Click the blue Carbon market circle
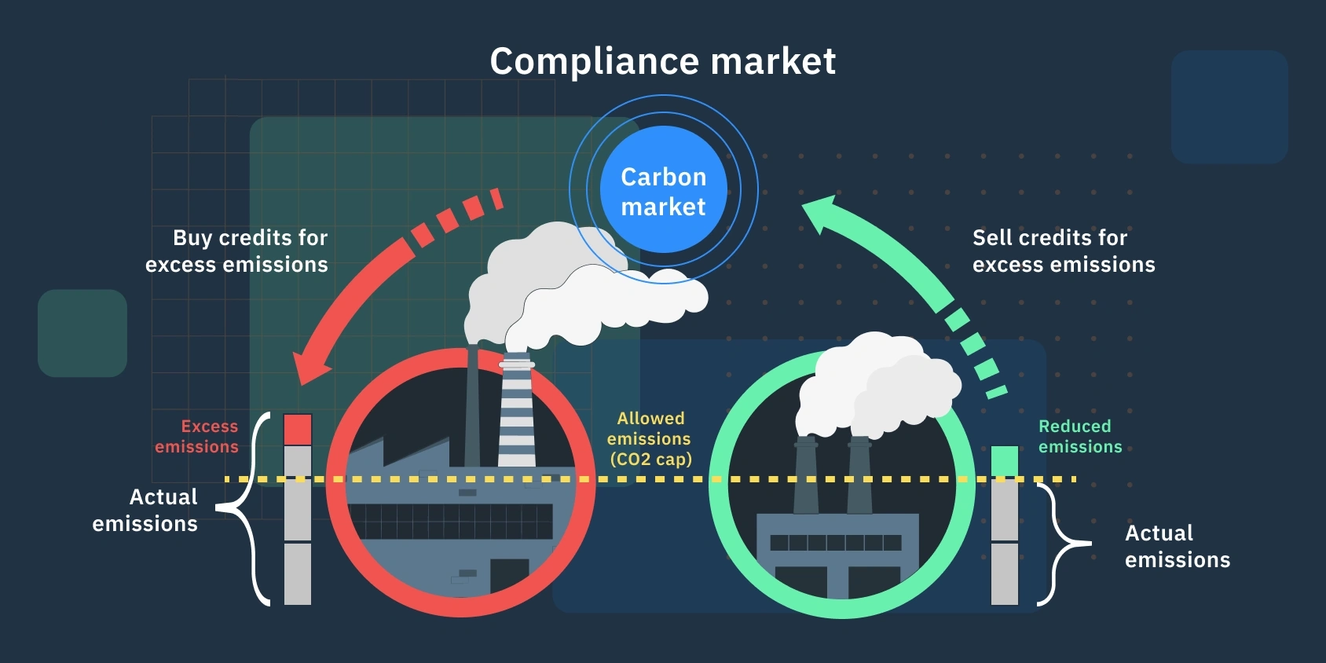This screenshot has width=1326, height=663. tap(663, 190)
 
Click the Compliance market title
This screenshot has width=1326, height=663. tap(662, 61)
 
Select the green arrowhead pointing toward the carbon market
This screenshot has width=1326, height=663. tap(822, 214)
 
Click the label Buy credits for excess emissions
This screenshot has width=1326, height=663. tap(237, 251)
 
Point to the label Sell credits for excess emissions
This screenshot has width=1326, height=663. tap(1064, 251)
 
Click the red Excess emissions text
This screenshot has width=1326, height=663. tap(197, 436)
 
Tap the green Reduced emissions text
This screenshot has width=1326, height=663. tap(1079, 436)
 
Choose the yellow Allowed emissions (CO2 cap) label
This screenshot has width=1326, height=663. tap(650, 438)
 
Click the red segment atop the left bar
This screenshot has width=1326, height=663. tap(298, 430)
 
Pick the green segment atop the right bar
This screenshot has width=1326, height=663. tap(1004, 460)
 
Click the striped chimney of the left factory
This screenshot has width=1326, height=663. tap(516, 412)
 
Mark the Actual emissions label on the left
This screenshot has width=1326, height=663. tap(146, 510)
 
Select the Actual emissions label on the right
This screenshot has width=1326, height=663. tap(1177, 546)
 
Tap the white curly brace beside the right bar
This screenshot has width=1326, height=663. tap(1060, 544)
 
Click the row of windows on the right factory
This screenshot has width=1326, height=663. tap(835, 543)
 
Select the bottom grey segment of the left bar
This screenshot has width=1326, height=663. tap(298, 573)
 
